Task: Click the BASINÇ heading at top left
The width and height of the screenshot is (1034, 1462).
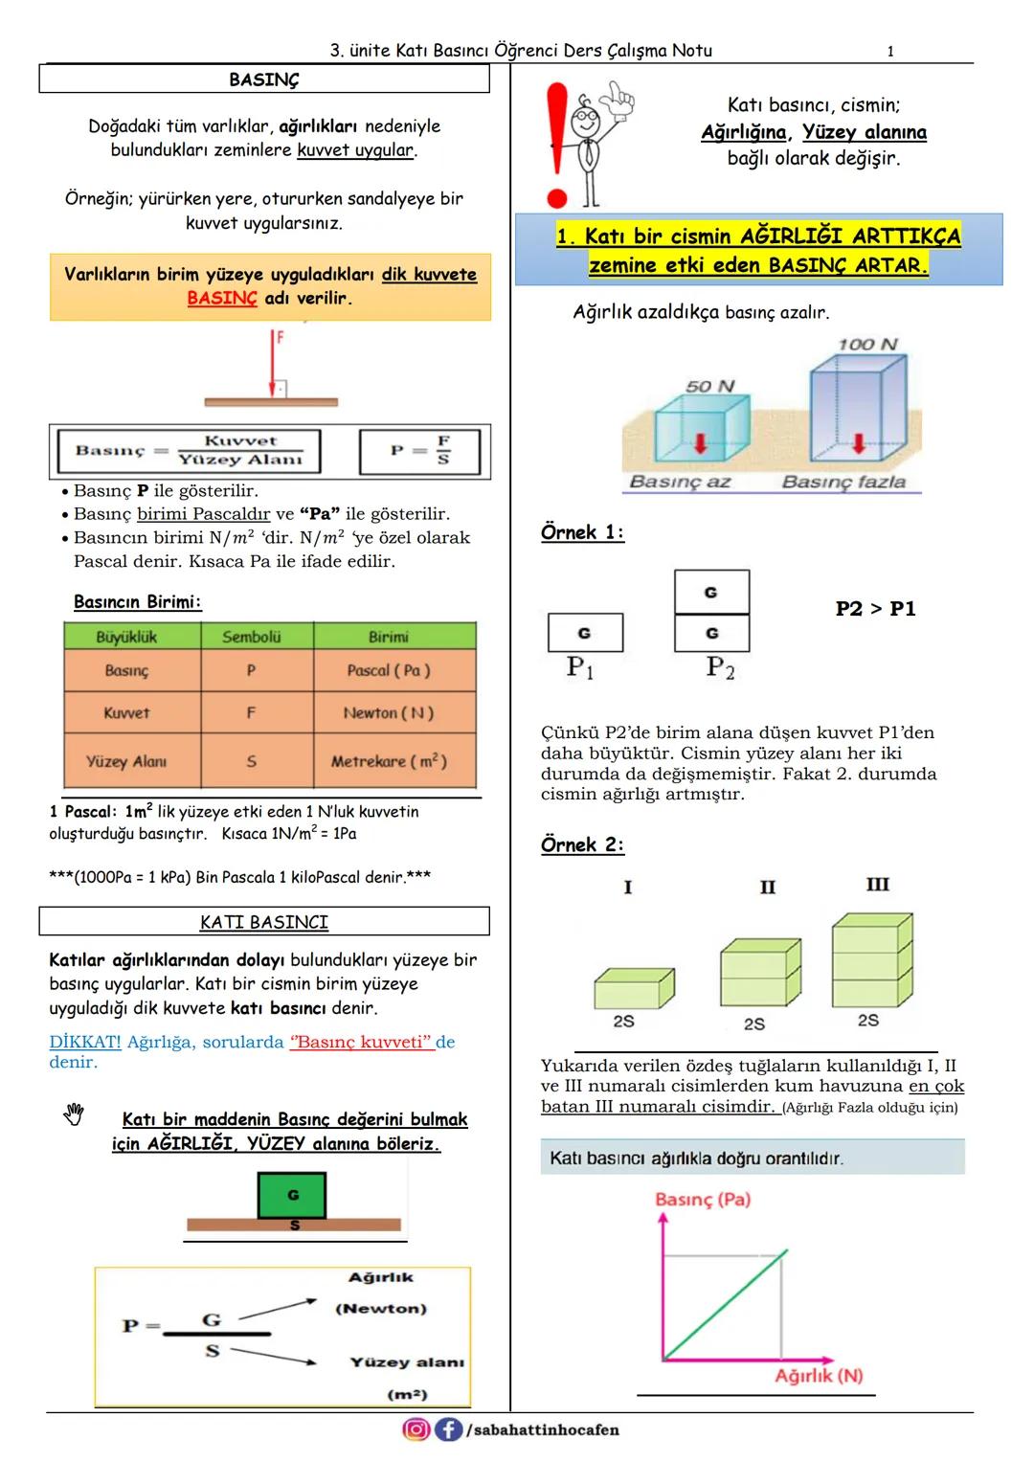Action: coord(263,80)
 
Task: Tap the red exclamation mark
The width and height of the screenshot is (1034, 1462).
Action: coord(556,144)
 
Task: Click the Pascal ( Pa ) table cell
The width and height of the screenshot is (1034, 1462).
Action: coord(389,670)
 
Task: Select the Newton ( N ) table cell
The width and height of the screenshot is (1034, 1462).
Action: coord(389,713)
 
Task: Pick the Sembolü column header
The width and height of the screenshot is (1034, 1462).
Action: coord(251,637)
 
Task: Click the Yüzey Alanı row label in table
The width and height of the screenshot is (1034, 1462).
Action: coord(126,762)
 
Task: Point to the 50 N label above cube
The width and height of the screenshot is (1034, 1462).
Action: coord(709,386)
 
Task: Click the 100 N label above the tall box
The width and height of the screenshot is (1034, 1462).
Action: coord(867,345)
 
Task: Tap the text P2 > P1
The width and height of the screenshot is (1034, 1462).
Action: coord(875,609)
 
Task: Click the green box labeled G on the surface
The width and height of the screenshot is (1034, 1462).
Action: coord(292,1195)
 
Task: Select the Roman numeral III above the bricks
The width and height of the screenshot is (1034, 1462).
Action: coord(877,885)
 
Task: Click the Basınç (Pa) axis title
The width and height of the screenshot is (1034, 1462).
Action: coord(703,1200)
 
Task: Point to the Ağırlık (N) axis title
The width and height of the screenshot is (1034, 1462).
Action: coord(819,1375)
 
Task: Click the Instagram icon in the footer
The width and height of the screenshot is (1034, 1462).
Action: coord(416,1429)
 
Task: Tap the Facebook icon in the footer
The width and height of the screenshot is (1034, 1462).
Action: coord(447,1429)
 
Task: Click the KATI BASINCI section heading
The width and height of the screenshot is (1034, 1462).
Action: coord(263,922)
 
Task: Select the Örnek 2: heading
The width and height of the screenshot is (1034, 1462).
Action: coord(582,844)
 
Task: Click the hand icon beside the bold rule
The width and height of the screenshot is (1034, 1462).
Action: coord(74,1114)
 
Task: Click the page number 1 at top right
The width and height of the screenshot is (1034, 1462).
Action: coord(890,51)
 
